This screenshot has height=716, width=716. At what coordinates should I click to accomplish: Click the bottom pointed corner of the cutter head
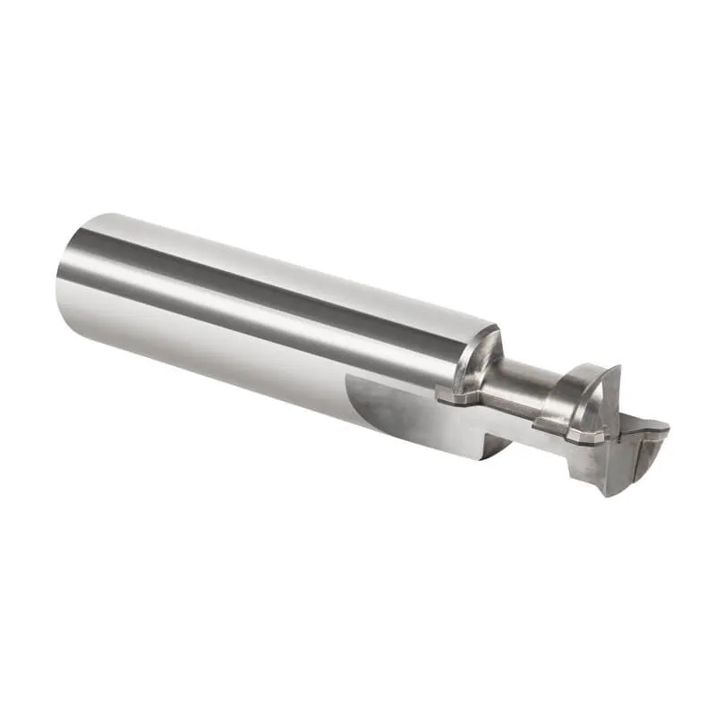click(x=609, y=491)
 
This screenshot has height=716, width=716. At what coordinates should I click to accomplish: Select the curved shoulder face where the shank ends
click(x=479, y=358)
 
